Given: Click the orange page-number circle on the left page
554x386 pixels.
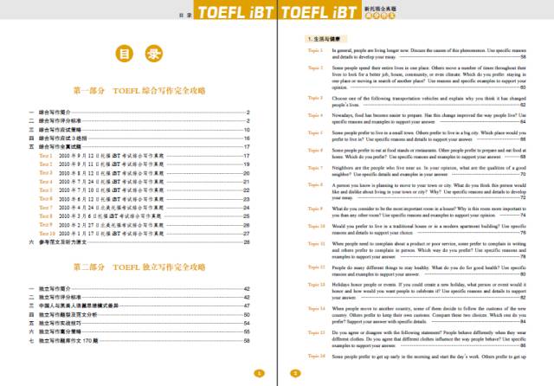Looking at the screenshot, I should pyautogui.click(x=257, y=374).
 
